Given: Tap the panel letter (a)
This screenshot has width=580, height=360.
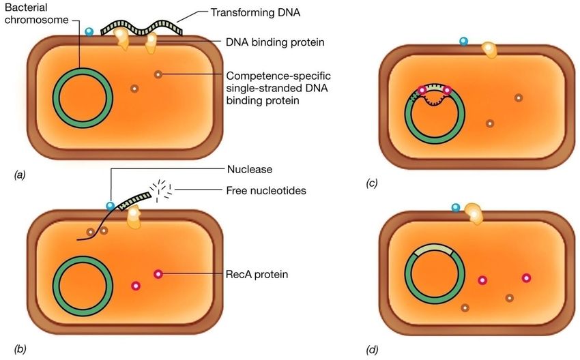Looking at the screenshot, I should pos(20,176).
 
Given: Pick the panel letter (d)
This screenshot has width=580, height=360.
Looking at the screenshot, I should pos(372,350).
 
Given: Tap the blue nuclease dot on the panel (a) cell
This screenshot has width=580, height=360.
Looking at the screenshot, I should pos(89,31).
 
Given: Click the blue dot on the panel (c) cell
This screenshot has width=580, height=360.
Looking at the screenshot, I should pos(464,42).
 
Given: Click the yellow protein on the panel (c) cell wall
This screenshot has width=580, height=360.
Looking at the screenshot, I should pos(490,50).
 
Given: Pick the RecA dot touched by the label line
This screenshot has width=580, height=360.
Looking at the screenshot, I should pos(158,274).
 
